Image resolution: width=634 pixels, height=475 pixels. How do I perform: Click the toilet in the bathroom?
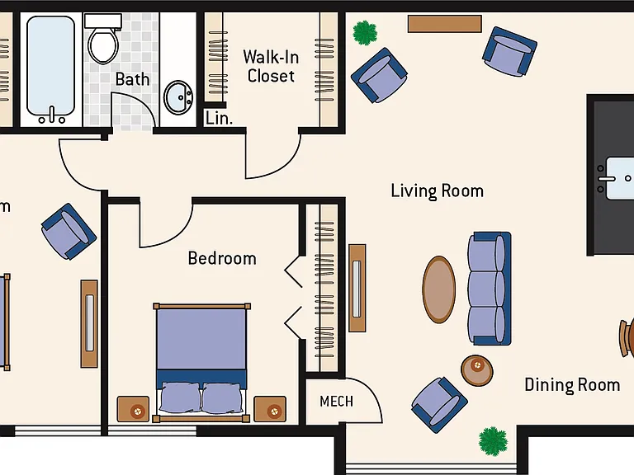[x=103, y=39]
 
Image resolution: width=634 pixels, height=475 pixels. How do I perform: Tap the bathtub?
[x=51, y=69]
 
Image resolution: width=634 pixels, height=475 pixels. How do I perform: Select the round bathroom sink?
[x=178, y=97]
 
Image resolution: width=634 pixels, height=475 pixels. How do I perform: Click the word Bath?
[x=132, y=79]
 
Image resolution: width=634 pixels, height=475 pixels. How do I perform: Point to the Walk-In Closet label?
[x=271, y=66]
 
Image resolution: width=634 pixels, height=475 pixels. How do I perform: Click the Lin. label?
[x=219, y=118]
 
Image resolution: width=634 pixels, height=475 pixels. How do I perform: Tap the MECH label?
[x=337, y=402]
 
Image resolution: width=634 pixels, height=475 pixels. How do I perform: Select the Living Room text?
[x=437, y=191]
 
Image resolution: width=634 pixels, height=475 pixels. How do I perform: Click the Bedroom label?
[x=222, y=258]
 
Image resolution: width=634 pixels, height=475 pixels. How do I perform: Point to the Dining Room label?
[x=572, y=385]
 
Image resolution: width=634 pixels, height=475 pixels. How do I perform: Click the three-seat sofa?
[x=490, y=289]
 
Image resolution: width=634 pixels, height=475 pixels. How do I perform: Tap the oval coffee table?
[x=439, y=289]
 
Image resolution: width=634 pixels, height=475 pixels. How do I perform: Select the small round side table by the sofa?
[x=477, y=370]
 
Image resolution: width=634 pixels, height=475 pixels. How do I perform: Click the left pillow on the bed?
[x=180, y=397]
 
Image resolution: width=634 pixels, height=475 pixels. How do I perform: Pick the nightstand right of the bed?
[x=270, y=409]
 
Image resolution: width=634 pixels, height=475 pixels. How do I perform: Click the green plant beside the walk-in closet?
[x=365, y=33]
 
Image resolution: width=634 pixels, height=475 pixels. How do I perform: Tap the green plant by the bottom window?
[x=493, y=441]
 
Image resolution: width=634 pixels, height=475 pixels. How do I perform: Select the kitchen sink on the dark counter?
[x=618, y=178]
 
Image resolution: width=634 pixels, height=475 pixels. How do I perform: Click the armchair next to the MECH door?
[x=439, y=405]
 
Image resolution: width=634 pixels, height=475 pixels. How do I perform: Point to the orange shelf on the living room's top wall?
[x=445, y=24]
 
